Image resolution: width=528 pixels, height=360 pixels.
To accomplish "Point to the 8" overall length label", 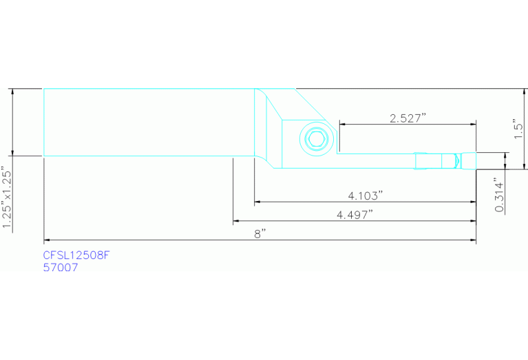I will tap(260, 233).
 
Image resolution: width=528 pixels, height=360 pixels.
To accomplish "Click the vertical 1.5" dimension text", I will tap(518, 129).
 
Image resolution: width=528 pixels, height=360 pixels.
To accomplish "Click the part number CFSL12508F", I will tap(76, 255).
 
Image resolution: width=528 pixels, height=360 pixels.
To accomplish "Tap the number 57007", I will tap(60, 268).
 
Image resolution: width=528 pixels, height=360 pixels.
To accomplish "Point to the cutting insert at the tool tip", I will tap(457, 160).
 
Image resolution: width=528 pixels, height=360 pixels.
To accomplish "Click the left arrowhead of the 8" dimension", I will tap(46, 240).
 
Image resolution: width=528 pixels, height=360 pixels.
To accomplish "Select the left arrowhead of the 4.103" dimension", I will tap(257, 202).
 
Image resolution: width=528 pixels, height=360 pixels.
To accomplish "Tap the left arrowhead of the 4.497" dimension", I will tap(236, 221).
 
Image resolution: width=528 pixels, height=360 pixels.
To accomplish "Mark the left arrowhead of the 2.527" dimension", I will tap(341, 125).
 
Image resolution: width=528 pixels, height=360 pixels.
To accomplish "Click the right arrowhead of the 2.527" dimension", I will tap(473, 125).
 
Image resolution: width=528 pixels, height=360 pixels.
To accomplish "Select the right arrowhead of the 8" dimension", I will tap(473, 240).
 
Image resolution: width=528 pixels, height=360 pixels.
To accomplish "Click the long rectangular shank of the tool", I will tap(148, 123).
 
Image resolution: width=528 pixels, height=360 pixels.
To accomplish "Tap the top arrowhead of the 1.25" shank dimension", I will tap(12, 92).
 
